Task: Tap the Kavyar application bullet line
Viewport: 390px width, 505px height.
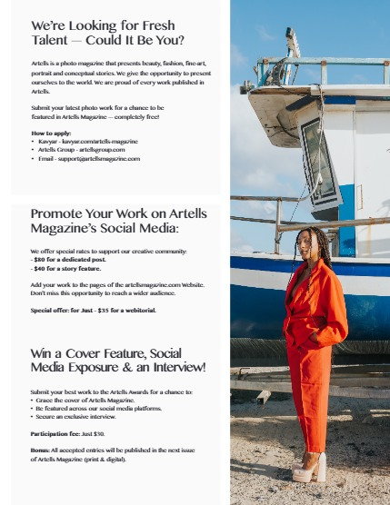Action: [87, 142]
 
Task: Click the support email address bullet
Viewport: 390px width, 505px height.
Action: [89, 158]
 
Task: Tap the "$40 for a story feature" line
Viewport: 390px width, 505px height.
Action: [65, 268]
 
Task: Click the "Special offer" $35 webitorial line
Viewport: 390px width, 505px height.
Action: [93, 310]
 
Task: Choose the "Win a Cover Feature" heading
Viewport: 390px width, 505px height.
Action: [118, 359]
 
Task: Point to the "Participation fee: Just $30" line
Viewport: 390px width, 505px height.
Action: [67, 433]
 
